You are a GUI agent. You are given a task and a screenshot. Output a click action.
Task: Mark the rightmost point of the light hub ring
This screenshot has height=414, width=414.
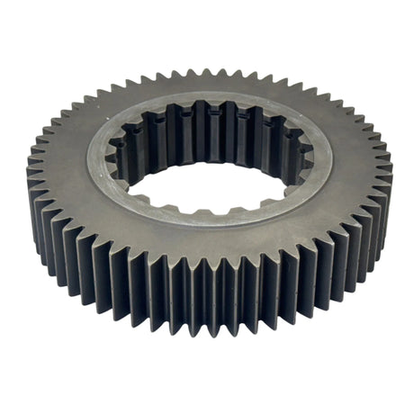(x=332, y=157)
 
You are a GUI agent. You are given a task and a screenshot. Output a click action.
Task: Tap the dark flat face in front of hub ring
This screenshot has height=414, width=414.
(x=209, y=247)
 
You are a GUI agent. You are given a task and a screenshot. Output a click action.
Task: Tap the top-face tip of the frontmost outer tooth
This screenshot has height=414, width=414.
(x=209, y=270)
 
